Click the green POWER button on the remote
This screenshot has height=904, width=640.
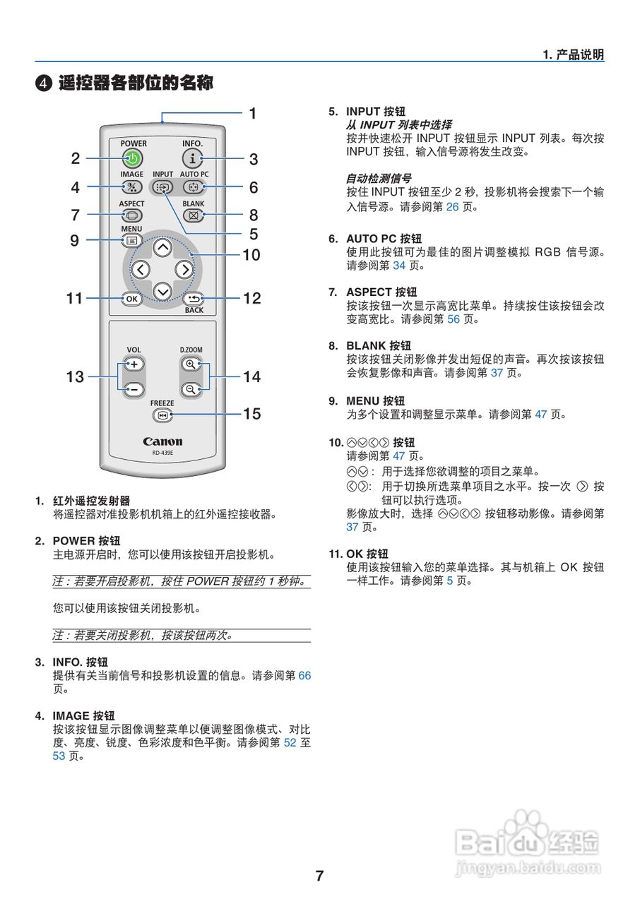[x=132, y=159]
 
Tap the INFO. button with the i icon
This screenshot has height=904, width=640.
[x=193, y=159]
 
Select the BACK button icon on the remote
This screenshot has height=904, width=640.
[x=194, y=298]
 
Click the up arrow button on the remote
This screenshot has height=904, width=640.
[x=162, y=247]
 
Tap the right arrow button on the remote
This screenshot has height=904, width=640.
[x=184, y=269]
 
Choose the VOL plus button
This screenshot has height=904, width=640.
[x=133, y=364]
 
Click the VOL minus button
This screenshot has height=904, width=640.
[x=133, y=389]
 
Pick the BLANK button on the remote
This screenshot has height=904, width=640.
[x=194, y=215]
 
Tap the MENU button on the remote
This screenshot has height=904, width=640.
[x=131, y=240]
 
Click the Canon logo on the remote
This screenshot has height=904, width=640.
[x=162, y=441]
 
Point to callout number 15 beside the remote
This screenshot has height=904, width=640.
[x=252, y=414]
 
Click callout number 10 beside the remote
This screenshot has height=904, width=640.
[x=251, y=255]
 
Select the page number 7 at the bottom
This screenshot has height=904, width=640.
[x=319, y=876]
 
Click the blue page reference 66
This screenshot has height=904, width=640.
[x=304, y=675]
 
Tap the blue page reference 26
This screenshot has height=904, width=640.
[x=453, y=208]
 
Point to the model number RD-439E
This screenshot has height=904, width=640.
[x=162, y=453]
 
